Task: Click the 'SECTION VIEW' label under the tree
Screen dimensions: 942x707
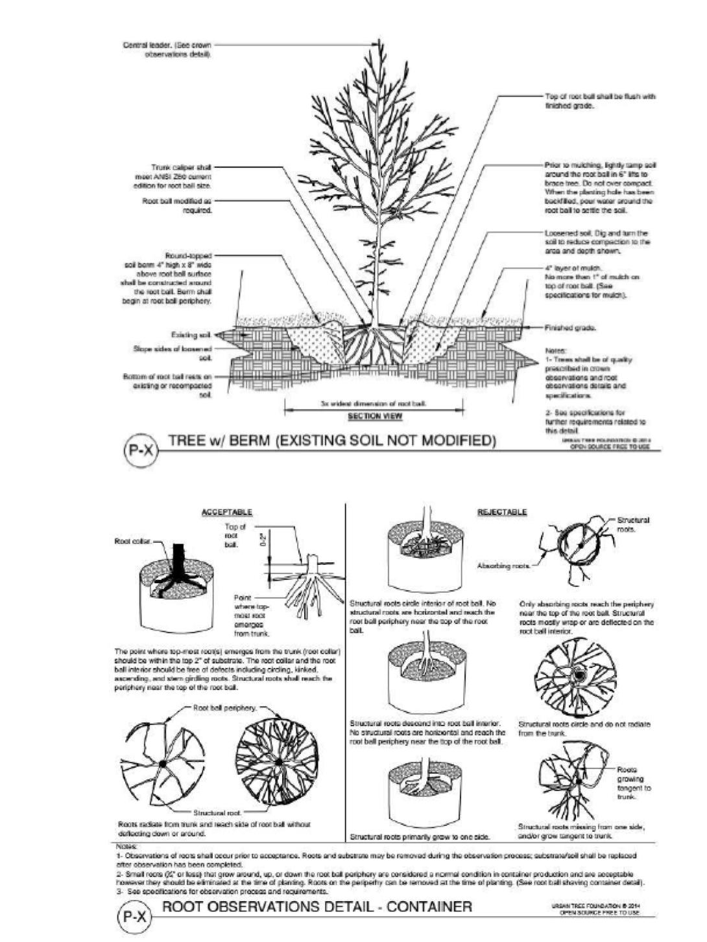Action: tap(375, 416)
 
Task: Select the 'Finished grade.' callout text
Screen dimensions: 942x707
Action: tap(571, 328)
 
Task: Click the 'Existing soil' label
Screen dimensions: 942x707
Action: tap(191, 335)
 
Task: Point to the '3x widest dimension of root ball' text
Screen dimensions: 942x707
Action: tap(374, 403)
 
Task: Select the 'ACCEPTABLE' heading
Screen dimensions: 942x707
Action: tap(227, 512)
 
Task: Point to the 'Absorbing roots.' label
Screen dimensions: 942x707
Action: tap(503, 566)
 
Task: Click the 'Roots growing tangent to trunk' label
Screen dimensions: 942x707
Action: tap(633, 783)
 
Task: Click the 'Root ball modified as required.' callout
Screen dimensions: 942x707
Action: tap(177, 205)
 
